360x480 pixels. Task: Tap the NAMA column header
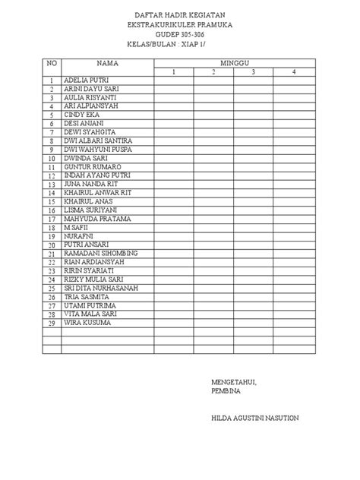point(107,62)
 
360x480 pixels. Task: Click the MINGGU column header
point(235,62)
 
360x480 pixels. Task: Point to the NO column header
point(52,62)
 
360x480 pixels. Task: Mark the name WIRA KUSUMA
point(87,323)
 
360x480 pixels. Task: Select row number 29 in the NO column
point(52,324)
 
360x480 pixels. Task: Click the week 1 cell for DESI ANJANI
point(173,124)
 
